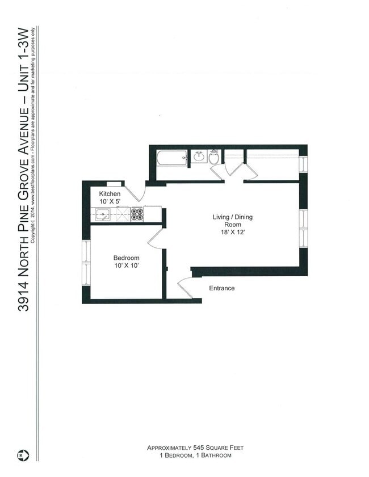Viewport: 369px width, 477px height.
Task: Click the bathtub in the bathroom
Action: (171, 157)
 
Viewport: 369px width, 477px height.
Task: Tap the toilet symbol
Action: (214, 157)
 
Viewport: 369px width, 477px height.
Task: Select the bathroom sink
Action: (199, 157)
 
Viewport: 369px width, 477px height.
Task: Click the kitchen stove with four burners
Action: (137, 214)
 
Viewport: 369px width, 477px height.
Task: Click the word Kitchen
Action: (110, 194)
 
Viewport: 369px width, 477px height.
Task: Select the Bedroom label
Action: (126, 258)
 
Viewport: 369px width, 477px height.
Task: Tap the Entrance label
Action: (221, 288)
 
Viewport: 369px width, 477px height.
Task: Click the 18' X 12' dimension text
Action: (232, 231)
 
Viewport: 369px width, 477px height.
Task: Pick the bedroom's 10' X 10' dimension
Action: (126, 265)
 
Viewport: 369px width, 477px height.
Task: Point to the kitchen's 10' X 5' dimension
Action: (110, 202)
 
